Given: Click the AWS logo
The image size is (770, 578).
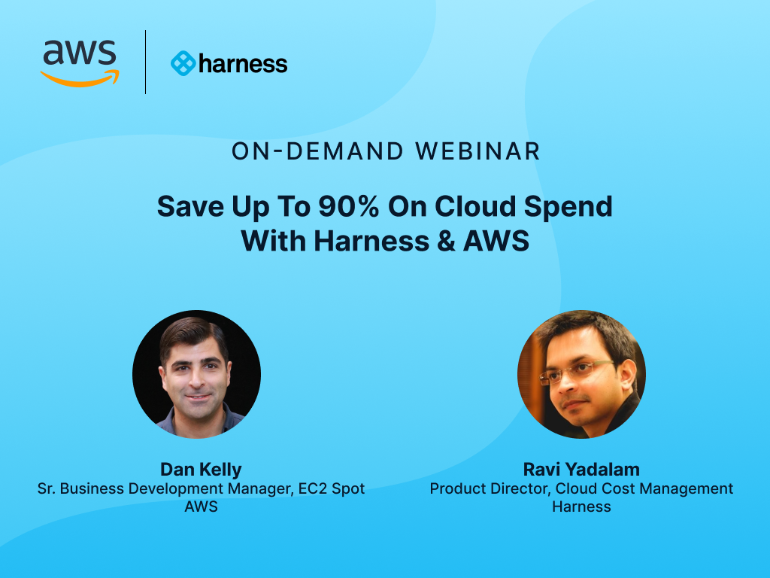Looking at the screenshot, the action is click(80, 64).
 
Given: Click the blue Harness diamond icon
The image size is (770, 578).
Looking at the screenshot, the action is click(183, 63).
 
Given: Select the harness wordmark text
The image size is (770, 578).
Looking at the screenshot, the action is click(243, 64).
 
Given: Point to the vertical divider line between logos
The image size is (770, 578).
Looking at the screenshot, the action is click(145, 62).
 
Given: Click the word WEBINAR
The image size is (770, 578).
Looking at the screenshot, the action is click(477, 151).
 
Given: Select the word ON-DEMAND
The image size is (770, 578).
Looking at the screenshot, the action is click(317, 151).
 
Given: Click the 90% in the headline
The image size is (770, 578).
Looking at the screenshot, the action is click(349, 206).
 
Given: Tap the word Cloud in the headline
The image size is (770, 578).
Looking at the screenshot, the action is click(475, 206).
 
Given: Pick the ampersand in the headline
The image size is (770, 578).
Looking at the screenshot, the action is click(446, 241).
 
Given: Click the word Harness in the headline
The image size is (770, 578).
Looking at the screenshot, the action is click(371, 241).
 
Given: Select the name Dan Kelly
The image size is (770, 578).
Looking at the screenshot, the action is click(201, 470).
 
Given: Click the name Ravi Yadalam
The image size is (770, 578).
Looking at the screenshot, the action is click(581, 470).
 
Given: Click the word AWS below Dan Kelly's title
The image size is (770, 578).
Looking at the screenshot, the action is click(201, 507).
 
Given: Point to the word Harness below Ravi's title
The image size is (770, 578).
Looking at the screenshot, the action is click(581, 507).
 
